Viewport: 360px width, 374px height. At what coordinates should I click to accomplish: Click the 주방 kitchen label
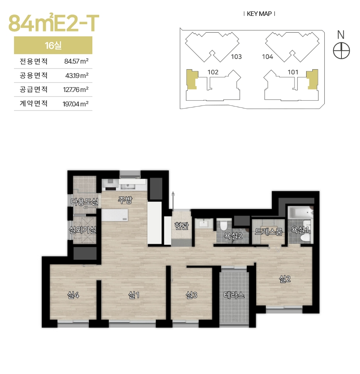click(x=125, y=200)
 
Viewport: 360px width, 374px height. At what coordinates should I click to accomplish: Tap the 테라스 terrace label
click(x=234, y=295)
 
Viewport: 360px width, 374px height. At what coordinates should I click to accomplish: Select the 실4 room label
click(x=73, y=295)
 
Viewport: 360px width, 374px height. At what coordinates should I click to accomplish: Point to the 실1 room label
click(x=134, y=295)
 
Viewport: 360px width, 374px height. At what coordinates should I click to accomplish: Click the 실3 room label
click(x=192, y=295)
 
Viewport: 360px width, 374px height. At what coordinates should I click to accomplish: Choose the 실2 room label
click(x=285, y=279)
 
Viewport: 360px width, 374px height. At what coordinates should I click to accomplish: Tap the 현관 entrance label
click(x=182, y=226)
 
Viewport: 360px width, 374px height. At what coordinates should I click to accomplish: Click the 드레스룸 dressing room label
click(x=269, y=231)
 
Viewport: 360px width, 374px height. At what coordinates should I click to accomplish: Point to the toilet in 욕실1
click(x=304, y=237)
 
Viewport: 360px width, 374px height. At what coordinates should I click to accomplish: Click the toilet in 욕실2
click(x=224, y=225)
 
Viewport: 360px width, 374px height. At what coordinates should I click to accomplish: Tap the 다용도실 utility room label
click(x=84, y=202)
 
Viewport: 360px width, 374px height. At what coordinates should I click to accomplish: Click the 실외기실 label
click(x=83, y=230)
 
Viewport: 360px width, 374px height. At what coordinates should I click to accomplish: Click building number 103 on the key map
click(x=236, y=56)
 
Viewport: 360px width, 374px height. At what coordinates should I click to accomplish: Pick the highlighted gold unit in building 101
click(x=313, y=79)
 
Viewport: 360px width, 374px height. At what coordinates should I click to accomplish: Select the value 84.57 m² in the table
click(x=76, y=61)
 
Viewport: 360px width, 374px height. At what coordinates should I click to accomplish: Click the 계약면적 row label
click(x=34, y=103)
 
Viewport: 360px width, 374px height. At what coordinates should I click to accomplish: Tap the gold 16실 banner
click(x=53, y=45)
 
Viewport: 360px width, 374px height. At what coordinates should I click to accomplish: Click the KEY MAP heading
click(x=259, y=14)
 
